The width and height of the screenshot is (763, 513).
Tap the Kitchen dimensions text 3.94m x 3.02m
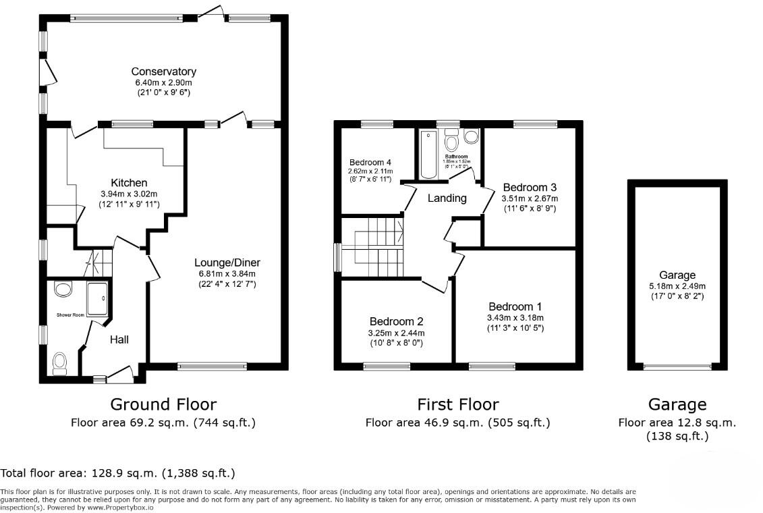(x=128, y=194)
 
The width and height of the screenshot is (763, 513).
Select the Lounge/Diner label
(x=227, y=263)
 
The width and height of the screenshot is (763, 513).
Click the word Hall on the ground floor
(x=119, y=340)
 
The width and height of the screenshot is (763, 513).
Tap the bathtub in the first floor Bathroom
(x=428, y=155)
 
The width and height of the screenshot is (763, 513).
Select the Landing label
(x=447, y=198)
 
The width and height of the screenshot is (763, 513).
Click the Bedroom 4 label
(x=370, y=163)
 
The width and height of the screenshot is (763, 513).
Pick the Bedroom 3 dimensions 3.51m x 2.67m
(x=530, y=198)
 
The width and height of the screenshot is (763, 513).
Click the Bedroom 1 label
(x=515, y=305)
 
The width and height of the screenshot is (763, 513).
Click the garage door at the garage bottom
(x=677, y=367)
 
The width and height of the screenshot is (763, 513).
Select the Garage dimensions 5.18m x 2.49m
(x=677, y=286)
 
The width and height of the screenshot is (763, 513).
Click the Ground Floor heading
(x=163, y=404)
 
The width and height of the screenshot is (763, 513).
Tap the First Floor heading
(x=458, y=404)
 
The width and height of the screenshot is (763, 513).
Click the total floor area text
(x=118, y=473)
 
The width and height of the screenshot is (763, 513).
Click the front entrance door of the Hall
(x=120, y=373)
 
